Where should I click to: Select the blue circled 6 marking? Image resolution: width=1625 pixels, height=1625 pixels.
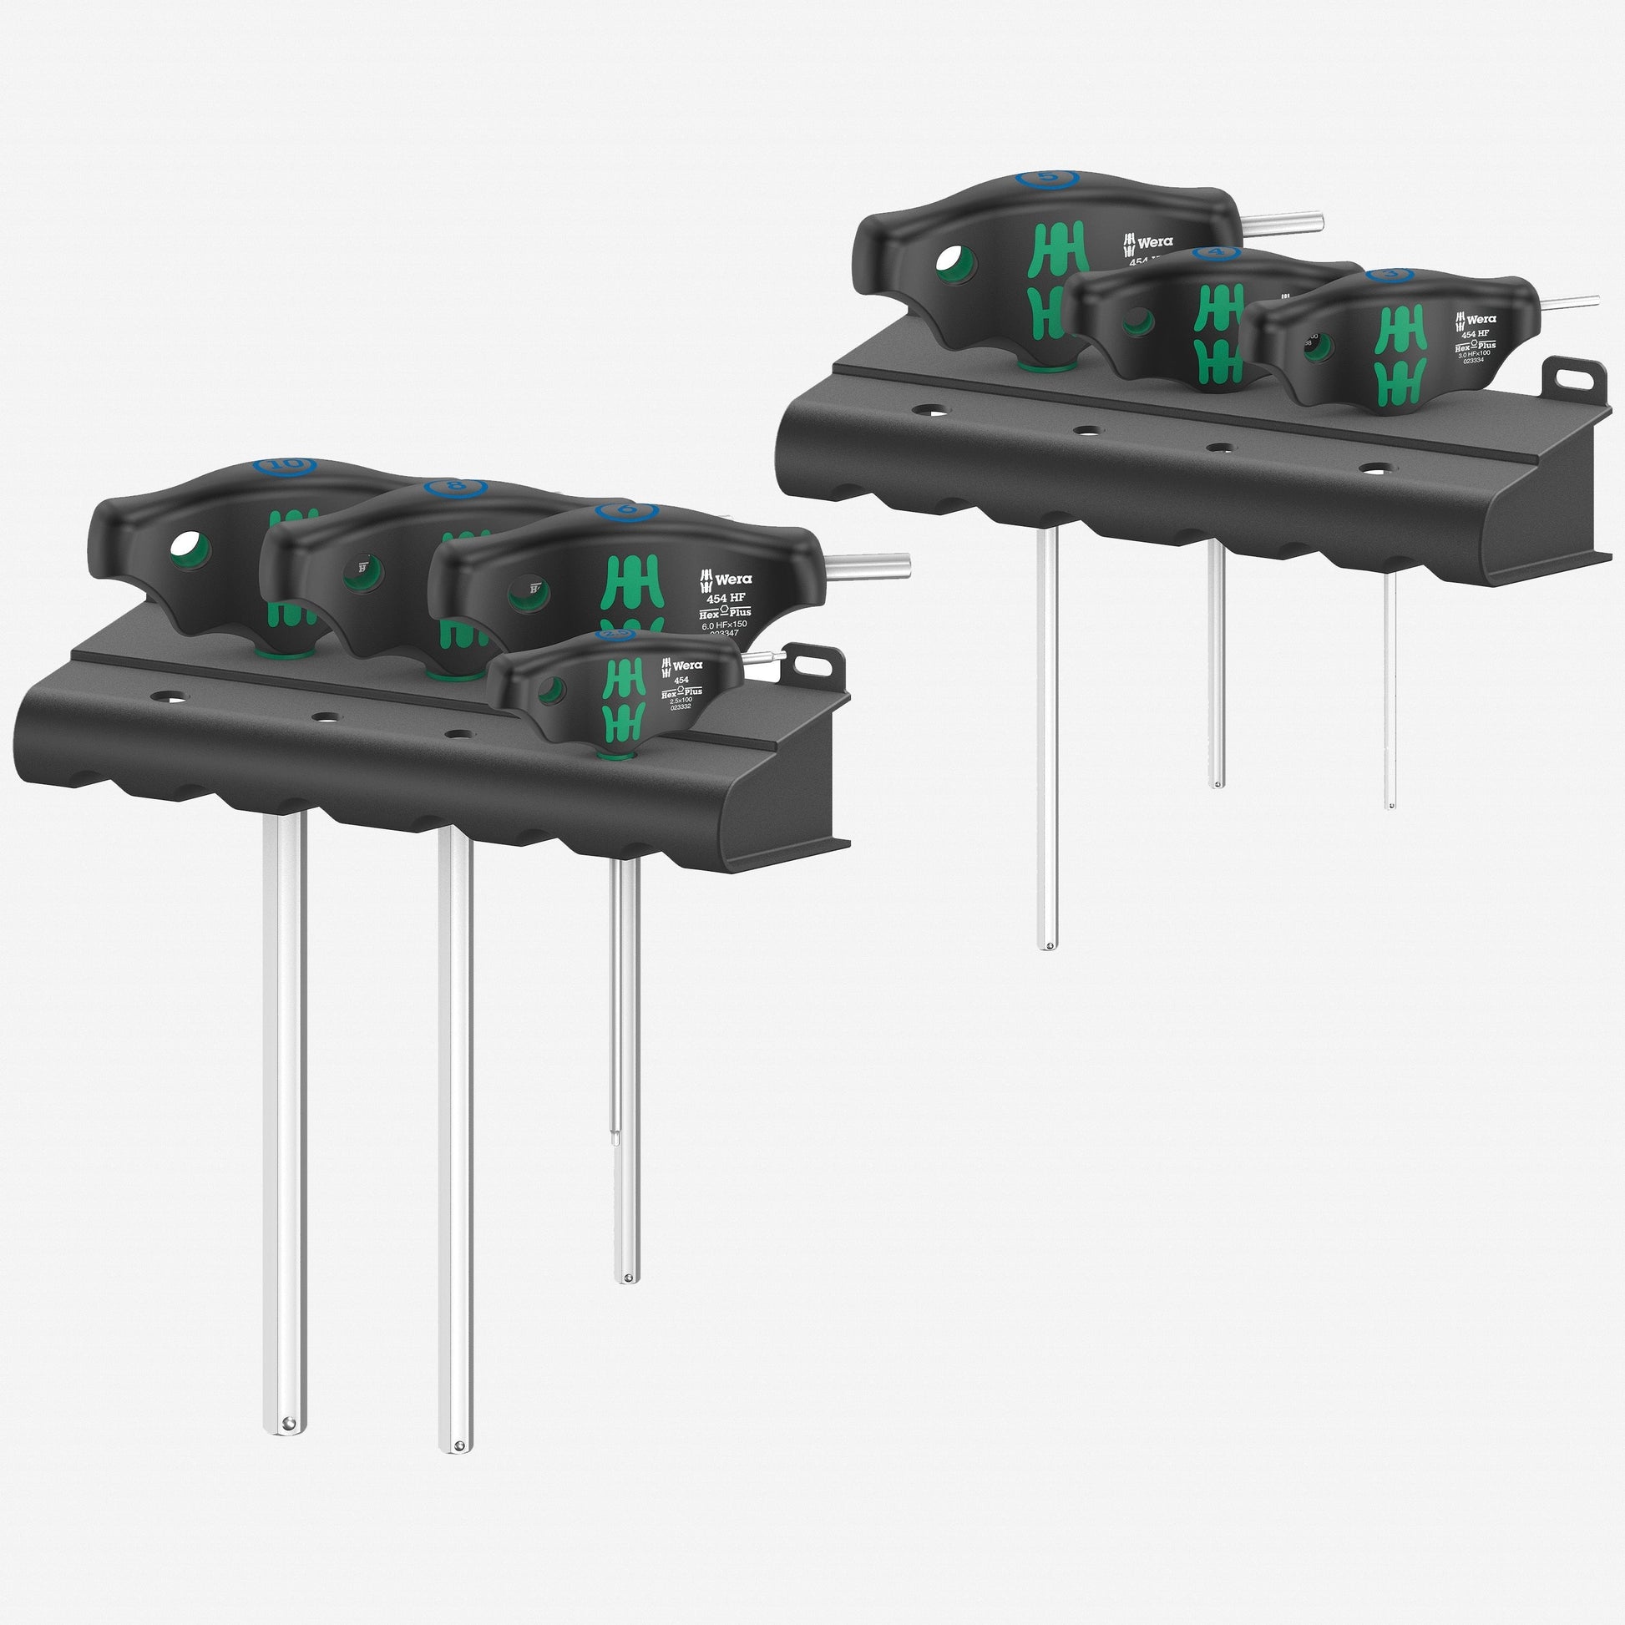[x=625, y=510]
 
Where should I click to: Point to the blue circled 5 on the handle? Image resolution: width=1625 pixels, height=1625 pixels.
[x=1046, y=178]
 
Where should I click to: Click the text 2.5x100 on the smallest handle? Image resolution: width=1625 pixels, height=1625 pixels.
[x=681, y=699]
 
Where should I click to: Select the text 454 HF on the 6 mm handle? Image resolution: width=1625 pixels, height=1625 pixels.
[x=725, y=598]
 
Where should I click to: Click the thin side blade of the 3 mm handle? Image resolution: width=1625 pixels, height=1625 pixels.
[x=1572, y=302]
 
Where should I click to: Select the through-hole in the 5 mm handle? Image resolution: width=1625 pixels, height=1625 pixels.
[x=957, y=265]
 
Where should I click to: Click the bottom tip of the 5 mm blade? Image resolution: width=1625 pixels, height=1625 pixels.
[x=1046, y=944]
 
